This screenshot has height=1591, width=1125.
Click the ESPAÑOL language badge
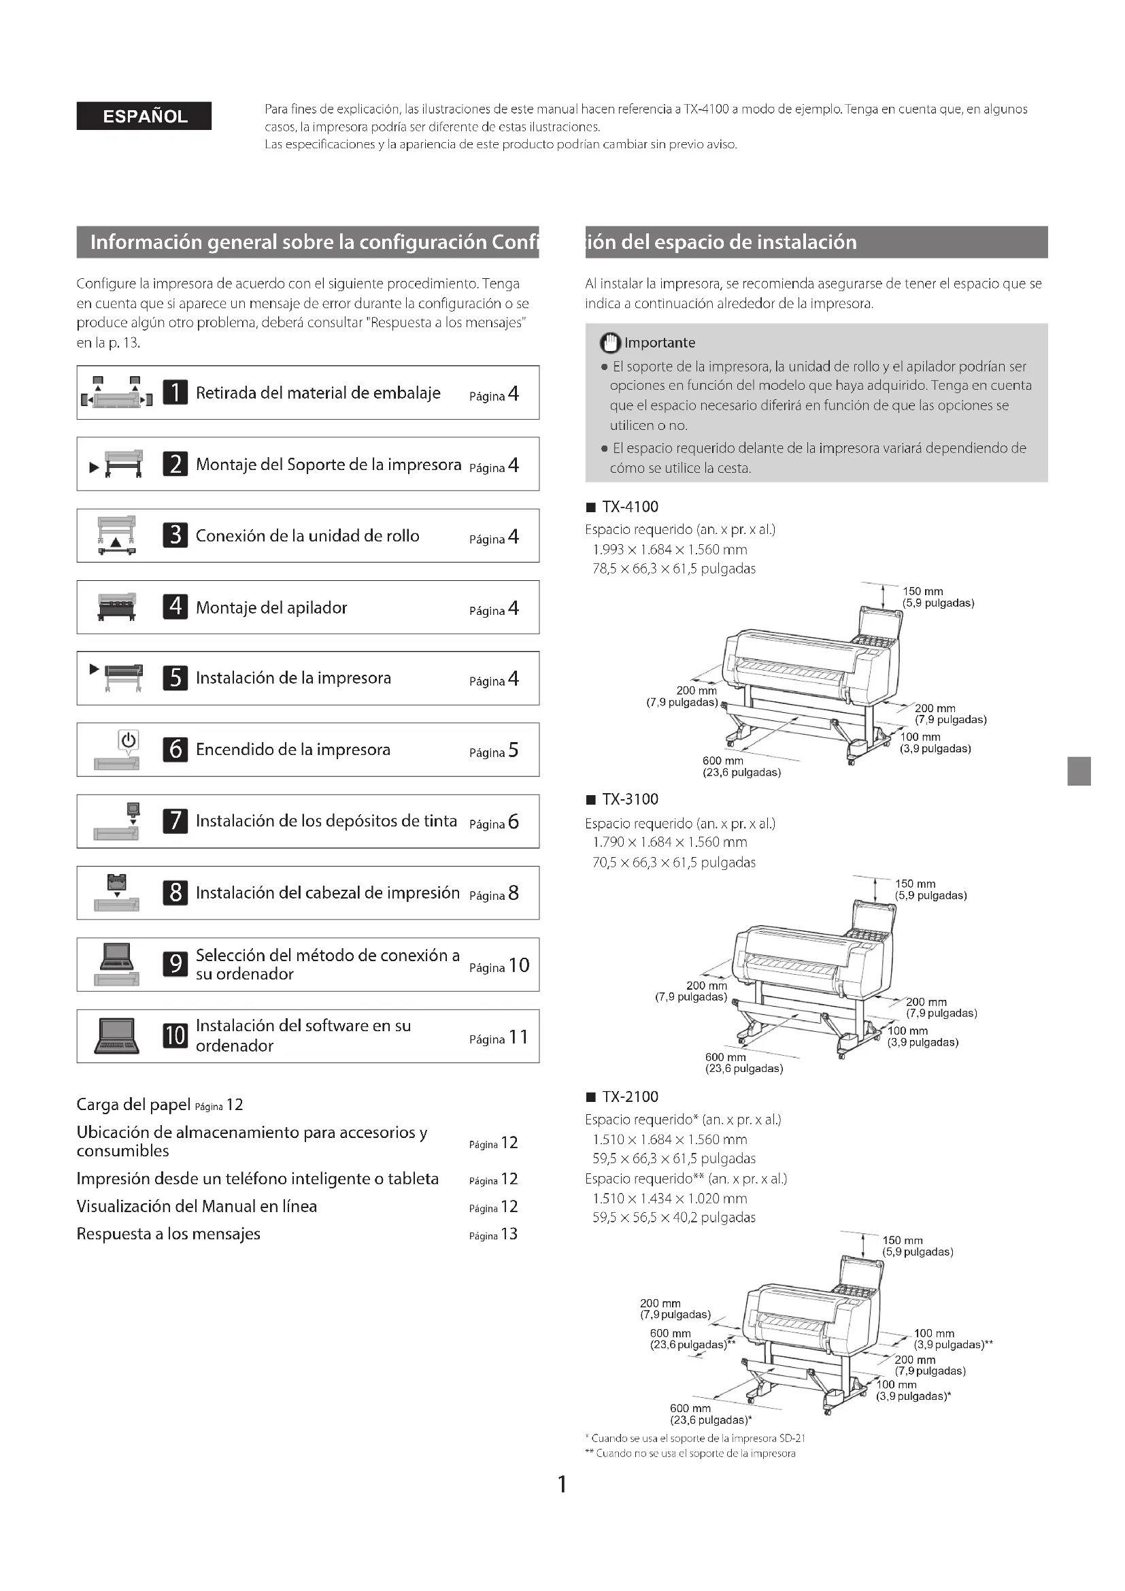144,116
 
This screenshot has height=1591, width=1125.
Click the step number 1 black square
175,392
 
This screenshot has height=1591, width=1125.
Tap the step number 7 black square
175,821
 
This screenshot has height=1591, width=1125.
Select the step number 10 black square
175,1035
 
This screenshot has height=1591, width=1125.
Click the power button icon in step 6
128,740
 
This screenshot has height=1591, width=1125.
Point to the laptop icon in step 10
116,1035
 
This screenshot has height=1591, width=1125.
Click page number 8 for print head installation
514,893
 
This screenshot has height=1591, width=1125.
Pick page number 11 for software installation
518,1037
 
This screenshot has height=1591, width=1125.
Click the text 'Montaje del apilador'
271,607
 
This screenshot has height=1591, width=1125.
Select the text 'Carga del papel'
133,1105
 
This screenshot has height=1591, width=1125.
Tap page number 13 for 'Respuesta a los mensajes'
509,1234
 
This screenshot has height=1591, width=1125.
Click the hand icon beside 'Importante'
609,342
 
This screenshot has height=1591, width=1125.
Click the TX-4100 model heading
630,507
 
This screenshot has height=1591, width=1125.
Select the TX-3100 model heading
630,799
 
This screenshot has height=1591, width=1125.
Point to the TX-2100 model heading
630,1096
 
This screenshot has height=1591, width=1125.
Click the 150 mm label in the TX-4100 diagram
923,591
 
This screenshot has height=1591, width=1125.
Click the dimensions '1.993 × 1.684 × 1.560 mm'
670,550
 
